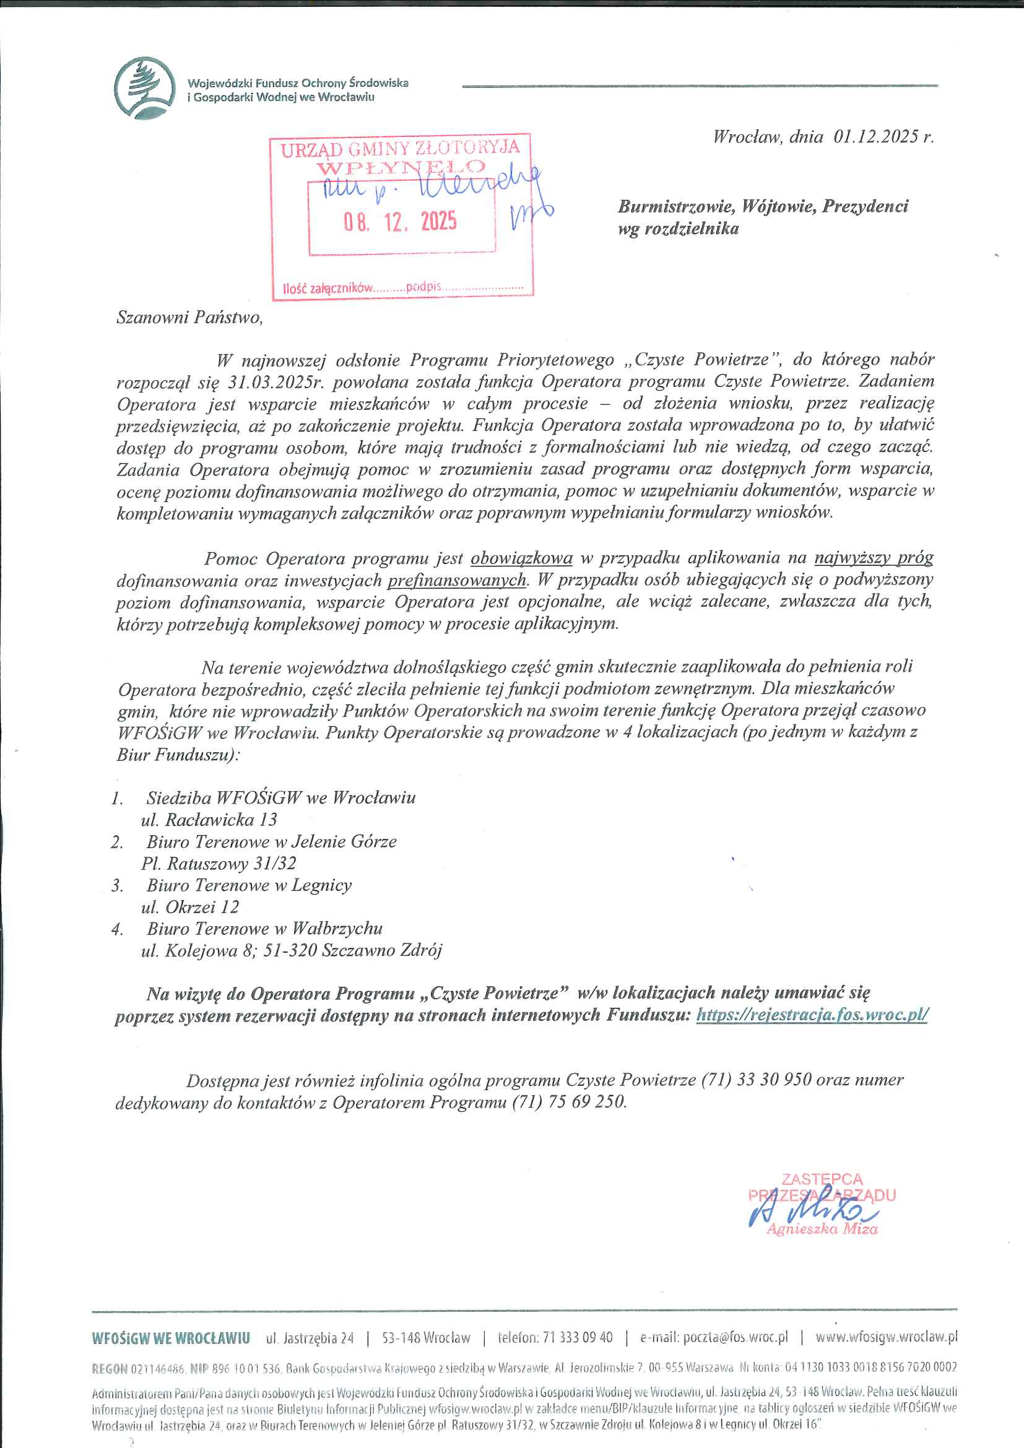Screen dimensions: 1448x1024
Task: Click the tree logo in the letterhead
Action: coord(144,88)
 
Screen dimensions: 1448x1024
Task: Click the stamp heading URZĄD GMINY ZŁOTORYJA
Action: coord(401,149)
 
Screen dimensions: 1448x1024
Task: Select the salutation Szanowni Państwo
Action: coord(189,316)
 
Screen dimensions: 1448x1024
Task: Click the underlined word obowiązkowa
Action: coord(521,558)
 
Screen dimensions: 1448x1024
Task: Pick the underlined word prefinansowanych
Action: coord(456,579)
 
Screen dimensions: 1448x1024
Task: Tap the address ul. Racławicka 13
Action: coord(209,819)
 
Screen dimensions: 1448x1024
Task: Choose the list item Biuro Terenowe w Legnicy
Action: coord(249,885)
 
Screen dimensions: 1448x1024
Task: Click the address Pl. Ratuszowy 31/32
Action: coord(218,863)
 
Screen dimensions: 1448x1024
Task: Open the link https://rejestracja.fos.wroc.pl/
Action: coord(812,1015)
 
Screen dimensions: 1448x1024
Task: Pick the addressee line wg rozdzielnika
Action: coord(678,228)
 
